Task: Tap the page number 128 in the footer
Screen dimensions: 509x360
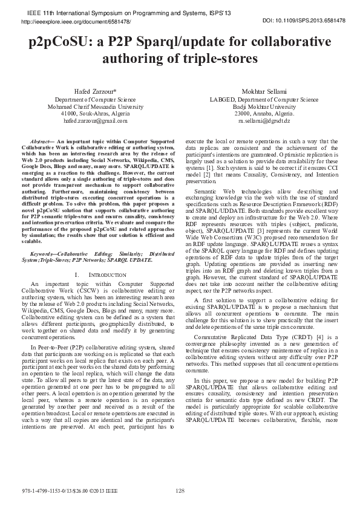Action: click(x=180, y=490)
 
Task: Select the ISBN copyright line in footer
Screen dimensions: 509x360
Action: click(x=67, y=490)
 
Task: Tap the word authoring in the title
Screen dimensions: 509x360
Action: click(x=133, y=59)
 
